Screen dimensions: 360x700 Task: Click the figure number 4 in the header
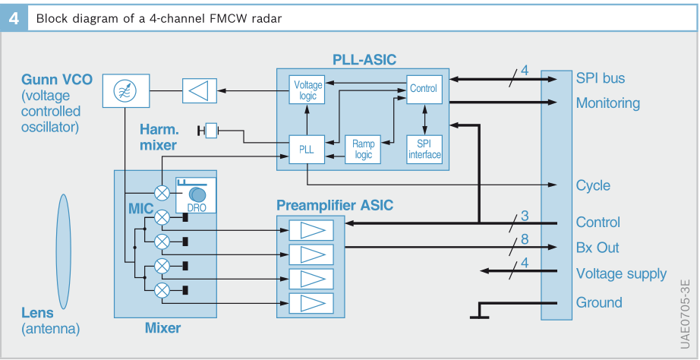pos(13,18)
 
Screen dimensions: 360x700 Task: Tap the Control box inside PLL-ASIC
pos(423,89)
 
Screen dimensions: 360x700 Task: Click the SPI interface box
pos(424,149)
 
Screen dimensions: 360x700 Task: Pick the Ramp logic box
pos(363,149)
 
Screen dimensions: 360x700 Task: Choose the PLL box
pos(307,150)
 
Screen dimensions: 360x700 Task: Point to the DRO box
pos(195,195)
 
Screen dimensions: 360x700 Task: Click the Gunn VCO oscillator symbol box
pos(121,91)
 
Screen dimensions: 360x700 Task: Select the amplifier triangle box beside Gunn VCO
pos(200,91)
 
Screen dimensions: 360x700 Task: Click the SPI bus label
pos(601,78)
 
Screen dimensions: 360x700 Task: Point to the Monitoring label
pos(607,103)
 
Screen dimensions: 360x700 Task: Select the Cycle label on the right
pos(593,186)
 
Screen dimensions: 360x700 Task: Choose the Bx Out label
pos(598,248)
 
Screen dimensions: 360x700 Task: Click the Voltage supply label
pos(621,274)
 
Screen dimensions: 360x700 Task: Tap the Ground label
pos(599,302)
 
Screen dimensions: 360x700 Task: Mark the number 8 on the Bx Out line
pos(525,240)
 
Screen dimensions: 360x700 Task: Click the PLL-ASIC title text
pos(364,59)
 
